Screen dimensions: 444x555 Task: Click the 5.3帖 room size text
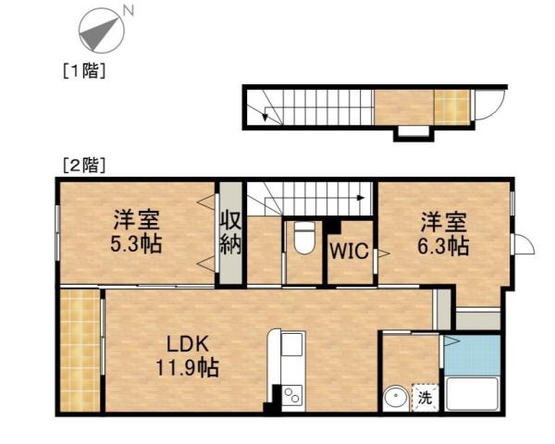coord(137,246)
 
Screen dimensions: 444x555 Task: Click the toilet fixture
coord(302,240)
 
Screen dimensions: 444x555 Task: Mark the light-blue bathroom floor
coord(474,354)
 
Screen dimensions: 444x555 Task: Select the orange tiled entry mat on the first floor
coord(450,105)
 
